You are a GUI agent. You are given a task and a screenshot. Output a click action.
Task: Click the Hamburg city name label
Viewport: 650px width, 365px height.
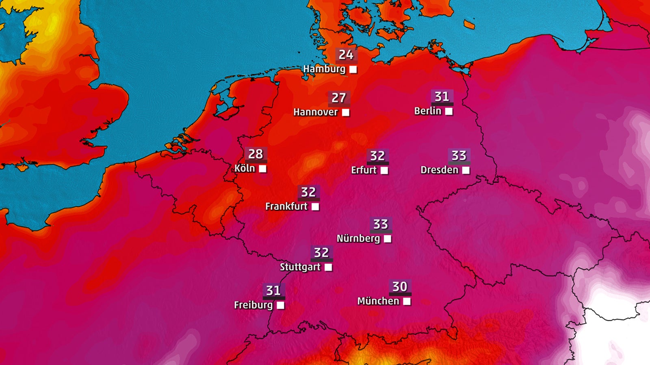[324, 69]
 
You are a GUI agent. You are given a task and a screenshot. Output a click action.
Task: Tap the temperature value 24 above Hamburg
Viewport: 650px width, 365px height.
[346, 54]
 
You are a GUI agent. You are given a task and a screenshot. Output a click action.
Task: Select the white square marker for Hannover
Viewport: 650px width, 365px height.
[346, 112]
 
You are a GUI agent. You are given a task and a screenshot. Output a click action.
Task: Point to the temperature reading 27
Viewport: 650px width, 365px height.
[339, 98]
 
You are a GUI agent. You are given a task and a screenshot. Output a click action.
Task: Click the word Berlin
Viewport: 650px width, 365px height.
[427, 111]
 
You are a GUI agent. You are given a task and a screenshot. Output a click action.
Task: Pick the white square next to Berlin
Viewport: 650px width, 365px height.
[449, 111]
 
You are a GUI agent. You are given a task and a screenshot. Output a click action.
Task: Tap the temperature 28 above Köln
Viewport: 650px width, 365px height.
[256, 154]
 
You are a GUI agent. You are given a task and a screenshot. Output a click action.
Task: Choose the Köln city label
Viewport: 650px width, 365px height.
[245, 168]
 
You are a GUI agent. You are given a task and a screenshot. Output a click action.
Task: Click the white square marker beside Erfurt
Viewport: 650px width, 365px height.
[384, 170]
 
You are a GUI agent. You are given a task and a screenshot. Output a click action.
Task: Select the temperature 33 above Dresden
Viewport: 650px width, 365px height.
[459, 155]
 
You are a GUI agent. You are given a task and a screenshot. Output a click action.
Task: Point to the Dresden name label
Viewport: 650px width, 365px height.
[439, 170]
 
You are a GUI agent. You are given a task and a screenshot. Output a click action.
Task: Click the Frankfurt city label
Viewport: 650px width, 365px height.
[286, 206]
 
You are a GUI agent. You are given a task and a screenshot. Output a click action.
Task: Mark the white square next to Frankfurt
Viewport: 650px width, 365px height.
[315, 207]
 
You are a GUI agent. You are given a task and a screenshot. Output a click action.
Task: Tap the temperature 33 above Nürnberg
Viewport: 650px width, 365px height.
[381, 224]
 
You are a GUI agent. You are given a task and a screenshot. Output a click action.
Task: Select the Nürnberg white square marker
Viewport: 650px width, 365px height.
[388, 239]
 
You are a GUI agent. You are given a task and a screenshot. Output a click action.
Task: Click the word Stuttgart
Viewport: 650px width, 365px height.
[300, 267]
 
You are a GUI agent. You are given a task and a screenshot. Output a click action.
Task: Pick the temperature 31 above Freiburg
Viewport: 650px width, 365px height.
[273, 290]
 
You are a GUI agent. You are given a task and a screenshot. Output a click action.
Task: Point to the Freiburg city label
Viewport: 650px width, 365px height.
[253, 305]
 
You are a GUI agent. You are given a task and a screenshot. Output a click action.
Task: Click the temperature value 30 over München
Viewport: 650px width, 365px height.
[400, 287]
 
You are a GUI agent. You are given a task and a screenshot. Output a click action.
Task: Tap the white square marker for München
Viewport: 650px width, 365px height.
[407, 301]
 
